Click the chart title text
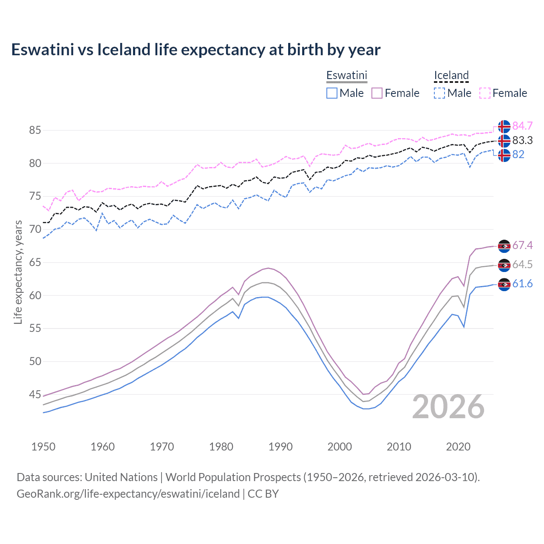(x=195, y=50)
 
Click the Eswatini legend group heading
(x=346, y=75)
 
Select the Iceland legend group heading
(x=451, y=75)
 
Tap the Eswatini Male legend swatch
(x=332, y=93)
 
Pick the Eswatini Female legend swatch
(x=377, y=93)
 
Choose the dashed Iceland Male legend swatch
(x=439, y=93)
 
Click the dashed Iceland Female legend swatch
(x=485, y=93)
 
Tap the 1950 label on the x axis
(x=43, y=447)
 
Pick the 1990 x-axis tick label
(x=280, y=447)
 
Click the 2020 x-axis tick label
(x=458, y=447)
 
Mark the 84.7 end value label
(x=522, y=126)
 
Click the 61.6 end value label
(x=522, y=283)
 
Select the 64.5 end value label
(x=522, y=264)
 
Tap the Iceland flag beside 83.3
(x=504, y=141)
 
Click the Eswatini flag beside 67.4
(x=504, y=246)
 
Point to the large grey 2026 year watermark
(x=448, y=407)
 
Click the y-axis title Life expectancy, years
(x=18, y=272)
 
